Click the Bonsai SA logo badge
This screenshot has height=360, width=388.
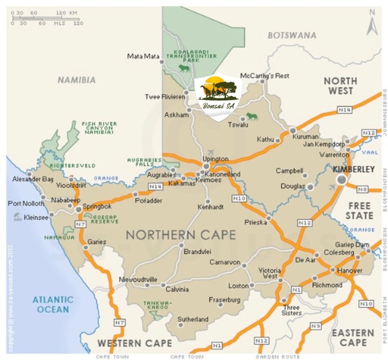tap(218, 97)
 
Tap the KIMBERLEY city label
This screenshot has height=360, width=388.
tap(354, 169)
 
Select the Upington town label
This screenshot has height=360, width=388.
tap(215, 159)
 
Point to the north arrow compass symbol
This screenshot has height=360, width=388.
tap(372, 24)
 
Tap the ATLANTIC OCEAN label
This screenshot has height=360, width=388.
tap(53, 304)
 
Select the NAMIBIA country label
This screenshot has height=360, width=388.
tap(77, 80)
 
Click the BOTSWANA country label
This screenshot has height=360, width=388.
tap(291, 35)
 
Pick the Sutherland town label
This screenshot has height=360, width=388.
tap(193, 319)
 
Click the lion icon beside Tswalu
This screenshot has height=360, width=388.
tap(252, 116)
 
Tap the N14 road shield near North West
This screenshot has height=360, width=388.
tap(344, 110)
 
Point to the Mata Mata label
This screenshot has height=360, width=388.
tap(143, 56)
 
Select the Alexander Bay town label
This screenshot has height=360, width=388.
tap(33, 179)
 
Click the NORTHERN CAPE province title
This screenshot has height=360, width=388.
tap(180, 235)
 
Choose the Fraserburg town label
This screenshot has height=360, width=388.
tap(225, 300)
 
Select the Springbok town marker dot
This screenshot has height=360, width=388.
tap(79, 209)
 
